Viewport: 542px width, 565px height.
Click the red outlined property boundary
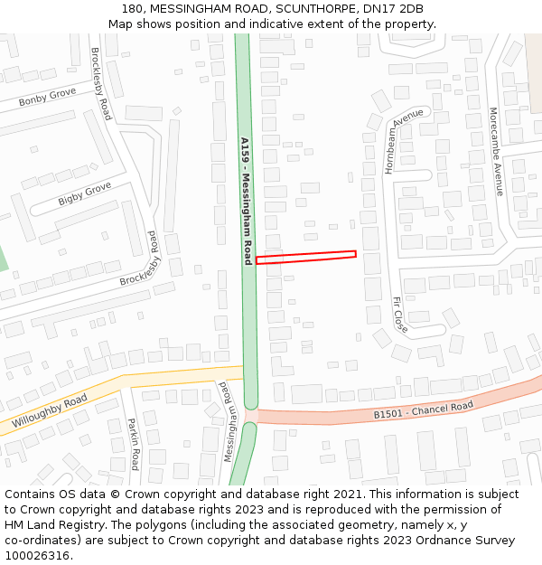click(305, 258)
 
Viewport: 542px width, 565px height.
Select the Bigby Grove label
click(84, 193)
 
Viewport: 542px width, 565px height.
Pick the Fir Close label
click(399, 315)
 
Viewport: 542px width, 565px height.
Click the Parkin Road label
click(133, 443)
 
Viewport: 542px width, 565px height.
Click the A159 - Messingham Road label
click(246, 201)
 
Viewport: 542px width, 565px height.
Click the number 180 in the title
click(131, 9)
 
